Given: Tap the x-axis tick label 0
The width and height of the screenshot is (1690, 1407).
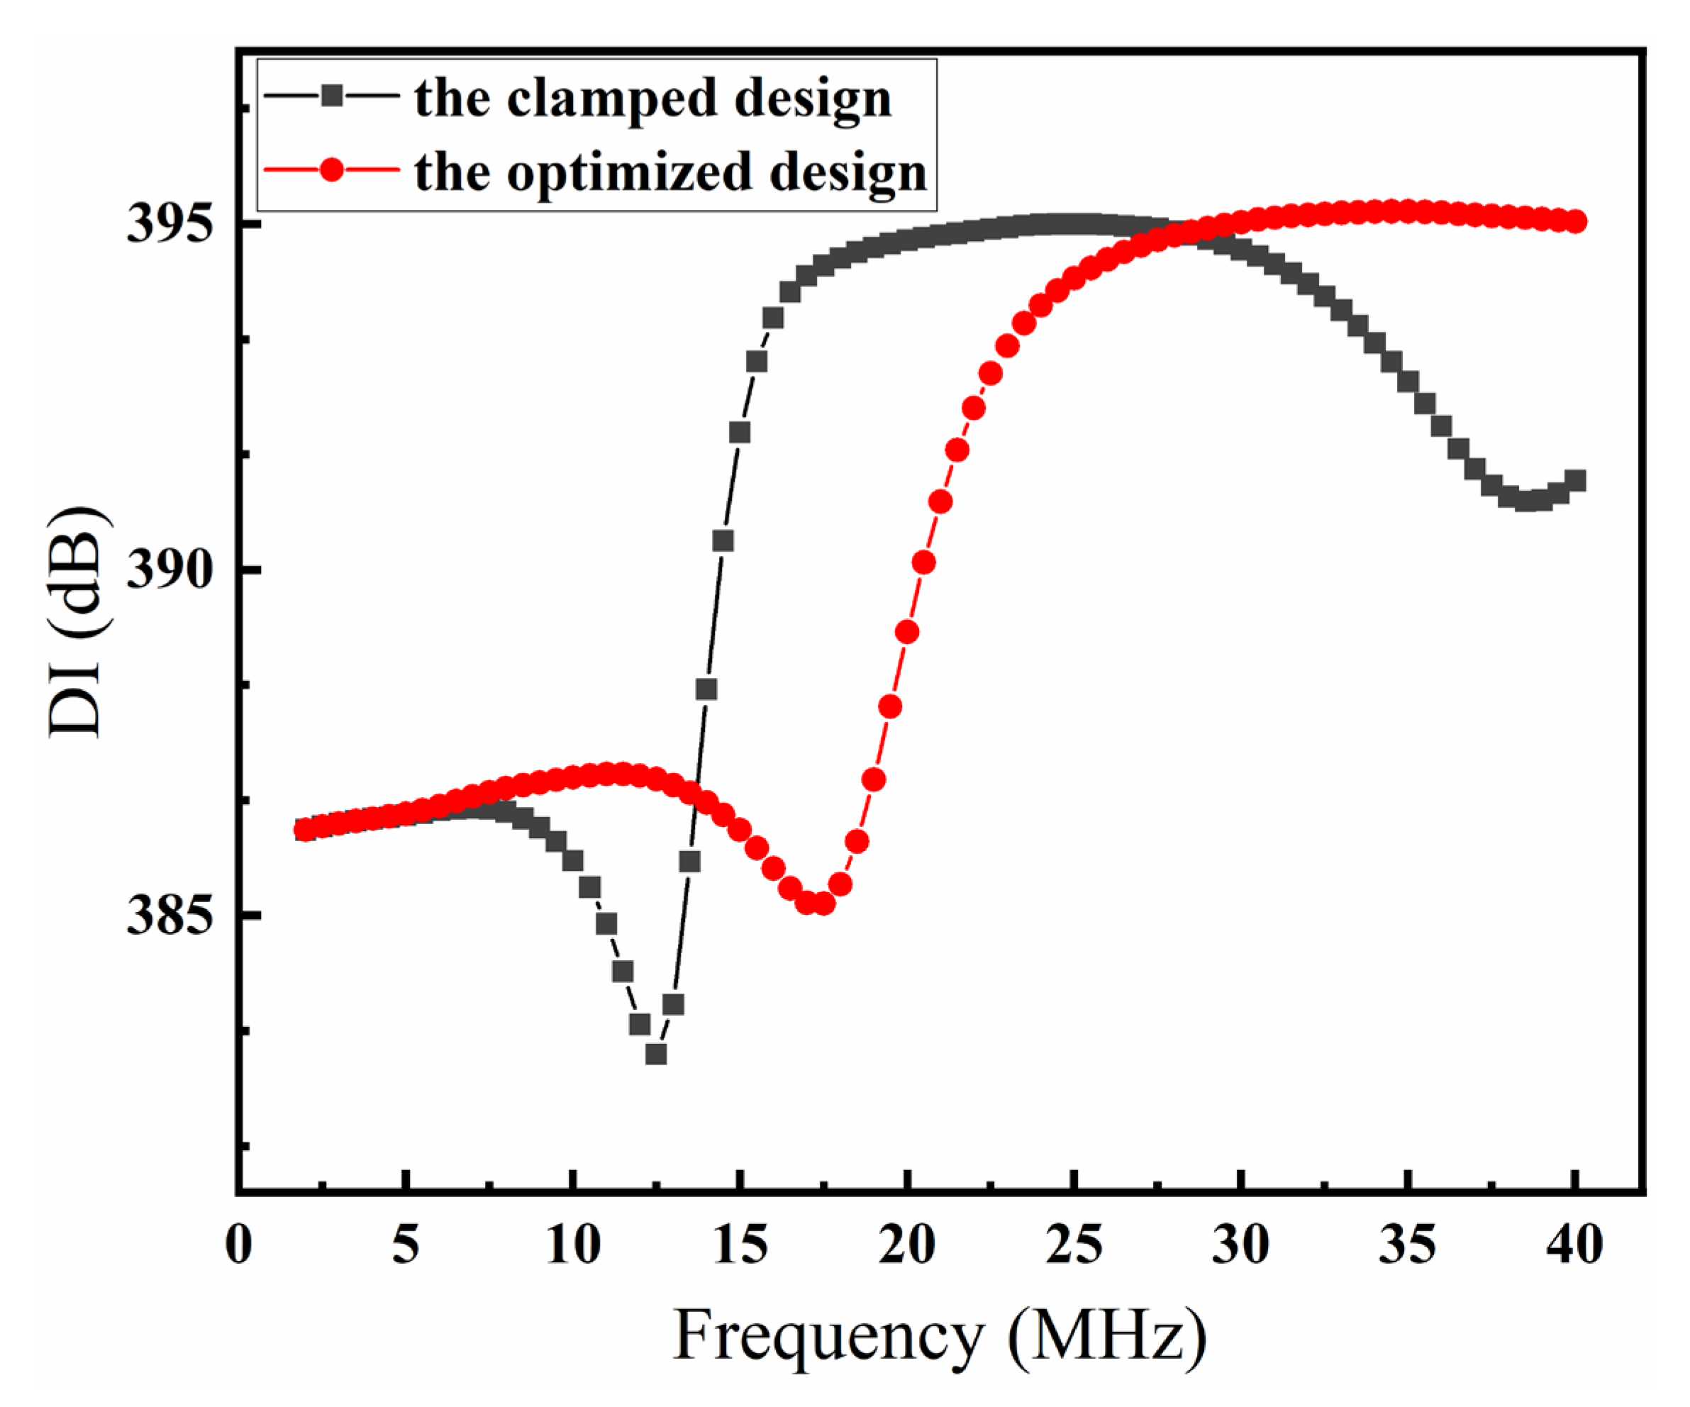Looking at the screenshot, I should [238, 1245].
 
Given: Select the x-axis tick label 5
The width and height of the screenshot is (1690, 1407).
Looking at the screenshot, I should [406, 1245].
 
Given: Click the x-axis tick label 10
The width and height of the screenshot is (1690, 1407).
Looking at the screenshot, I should [573, 1245].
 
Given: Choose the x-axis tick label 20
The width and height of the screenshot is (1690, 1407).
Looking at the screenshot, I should [908, 1245].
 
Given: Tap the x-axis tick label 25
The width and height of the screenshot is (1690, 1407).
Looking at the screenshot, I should [1074, 1245].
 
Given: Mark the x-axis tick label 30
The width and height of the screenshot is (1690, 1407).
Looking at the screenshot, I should [1242, 1245].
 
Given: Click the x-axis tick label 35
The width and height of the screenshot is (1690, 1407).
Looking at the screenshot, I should [1409, 1245].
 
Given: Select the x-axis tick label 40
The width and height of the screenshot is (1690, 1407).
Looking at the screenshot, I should [1576, 1245].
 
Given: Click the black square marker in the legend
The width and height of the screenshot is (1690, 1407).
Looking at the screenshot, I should [330, 96].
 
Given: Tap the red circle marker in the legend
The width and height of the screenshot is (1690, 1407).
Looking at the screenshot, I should [330, 171].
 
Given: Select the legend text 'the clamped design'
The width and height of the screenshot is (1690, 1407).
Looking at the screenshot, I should [652, 98].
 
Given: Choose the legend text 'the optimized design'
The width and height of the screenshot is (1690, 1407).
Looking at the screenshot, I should [670, 172].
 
